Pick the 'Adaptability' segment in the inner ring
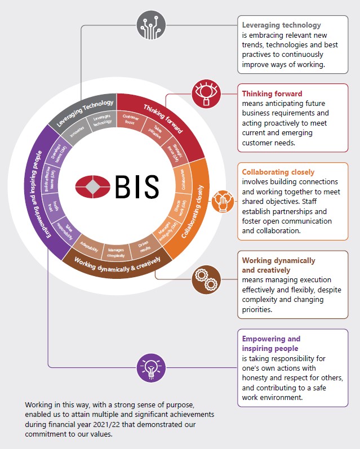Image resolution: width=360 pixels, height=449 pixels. (x=90, y=245)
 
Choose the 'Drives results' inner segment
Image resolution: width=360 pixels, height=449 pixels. (x=139, y=247)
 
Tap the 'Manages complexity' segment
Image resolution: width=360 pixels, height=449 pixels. (x=115, y=252)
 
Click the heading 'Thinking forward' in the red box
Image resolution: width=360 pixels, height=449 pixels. (x=272, y=94)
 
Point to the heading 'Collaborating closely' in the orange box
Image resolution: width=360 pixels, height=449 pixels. (x=278, y=172)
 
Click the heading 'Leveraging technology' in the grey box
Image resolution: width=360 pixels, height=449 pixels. (x=281, y=25)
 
